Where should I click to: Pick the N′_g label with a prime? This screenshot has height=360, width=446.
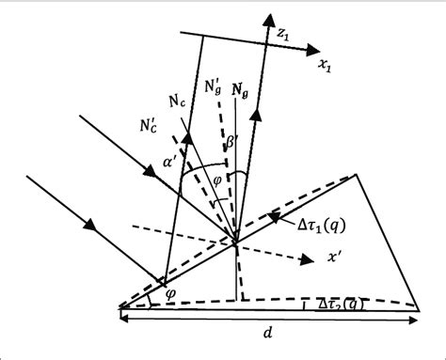pos(213,89)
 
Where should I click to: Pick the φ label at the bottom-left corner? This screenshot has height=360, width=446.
pos(168,292)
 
